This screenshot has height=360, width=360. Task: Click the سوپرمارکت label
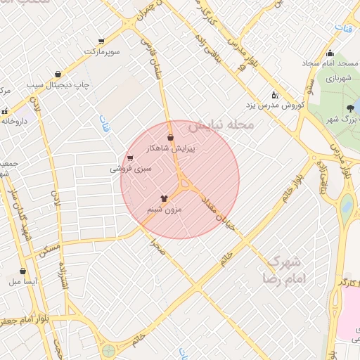tap(103, 52)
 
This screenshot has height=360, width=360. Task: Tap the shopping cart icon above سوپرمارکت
tap(102, 41)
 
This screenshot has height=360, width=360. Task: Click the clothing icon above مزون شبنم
tap(165, 198)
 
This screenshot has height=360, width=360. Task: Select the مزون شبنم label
tap(164, 210)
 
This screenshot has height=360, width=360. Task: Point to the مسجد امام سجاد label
tap(330, 64)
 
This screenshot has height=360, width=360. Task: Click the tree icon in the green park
tap(350, 108)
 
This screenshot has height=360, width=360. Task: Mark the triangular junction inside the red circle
tap(186, 185)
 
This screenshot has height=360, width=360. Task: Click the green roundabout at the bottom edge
tap(108, 350)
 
